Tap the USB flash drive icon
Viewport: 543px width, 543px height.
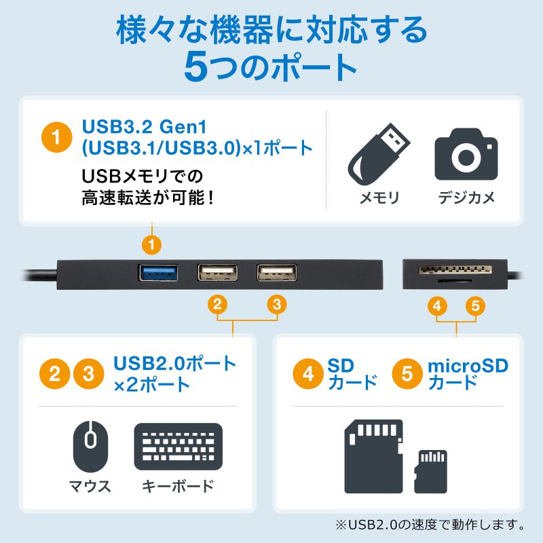coord(378,154)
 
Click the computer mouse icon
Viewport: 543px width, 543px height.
coord(90,445)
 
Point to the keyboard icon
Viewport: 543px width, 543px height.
coord(179,446)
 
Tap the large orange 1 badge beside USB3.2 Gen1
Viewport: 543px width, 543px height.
coord(57,136)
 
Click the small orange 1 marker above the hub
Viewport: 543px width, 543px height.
coord(153,242)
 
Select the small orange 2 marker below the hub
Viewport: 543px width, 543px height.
coord(217,305)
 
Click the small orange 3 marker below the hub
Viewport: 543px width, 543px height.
coord(275,305)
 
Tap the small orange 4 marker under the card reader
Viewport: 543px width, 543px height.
coord(438,306)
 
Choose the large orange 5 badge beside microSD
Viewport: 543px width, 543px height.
coord(407,374)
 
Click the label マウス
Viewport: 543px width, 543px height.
coord(90,486)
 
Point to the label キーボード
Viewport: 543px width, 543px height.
coord(178,486)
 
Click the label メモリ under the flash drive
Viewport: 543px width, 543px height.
coord(379,198)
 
